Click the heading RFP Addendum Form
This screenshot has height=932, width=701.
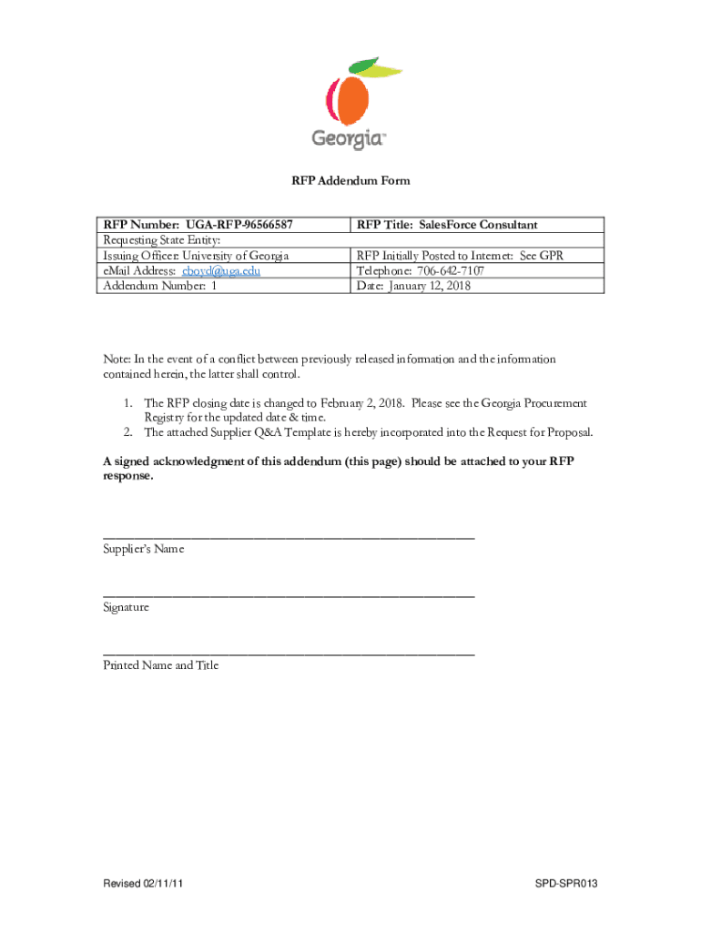click(350, 181)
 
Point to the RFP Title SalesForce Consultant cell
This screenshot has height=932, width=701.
click(447, 225)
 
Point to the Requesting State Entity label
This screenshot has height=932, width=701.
click(162, 240)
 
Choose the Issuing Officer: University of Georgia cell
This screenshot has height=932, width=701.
click(196, 256)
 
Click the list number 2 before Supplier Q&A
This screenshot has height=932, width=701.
click(129, 432)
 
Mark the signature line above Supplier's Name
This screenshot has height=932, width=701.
click(289, 538)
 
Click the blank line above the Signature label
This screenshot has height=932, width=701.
click(289, 595)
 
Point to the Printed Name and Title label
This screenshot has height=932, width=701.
click(161, 665)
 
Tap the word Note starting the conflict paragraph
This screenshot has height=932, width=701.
click(117, 360)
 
